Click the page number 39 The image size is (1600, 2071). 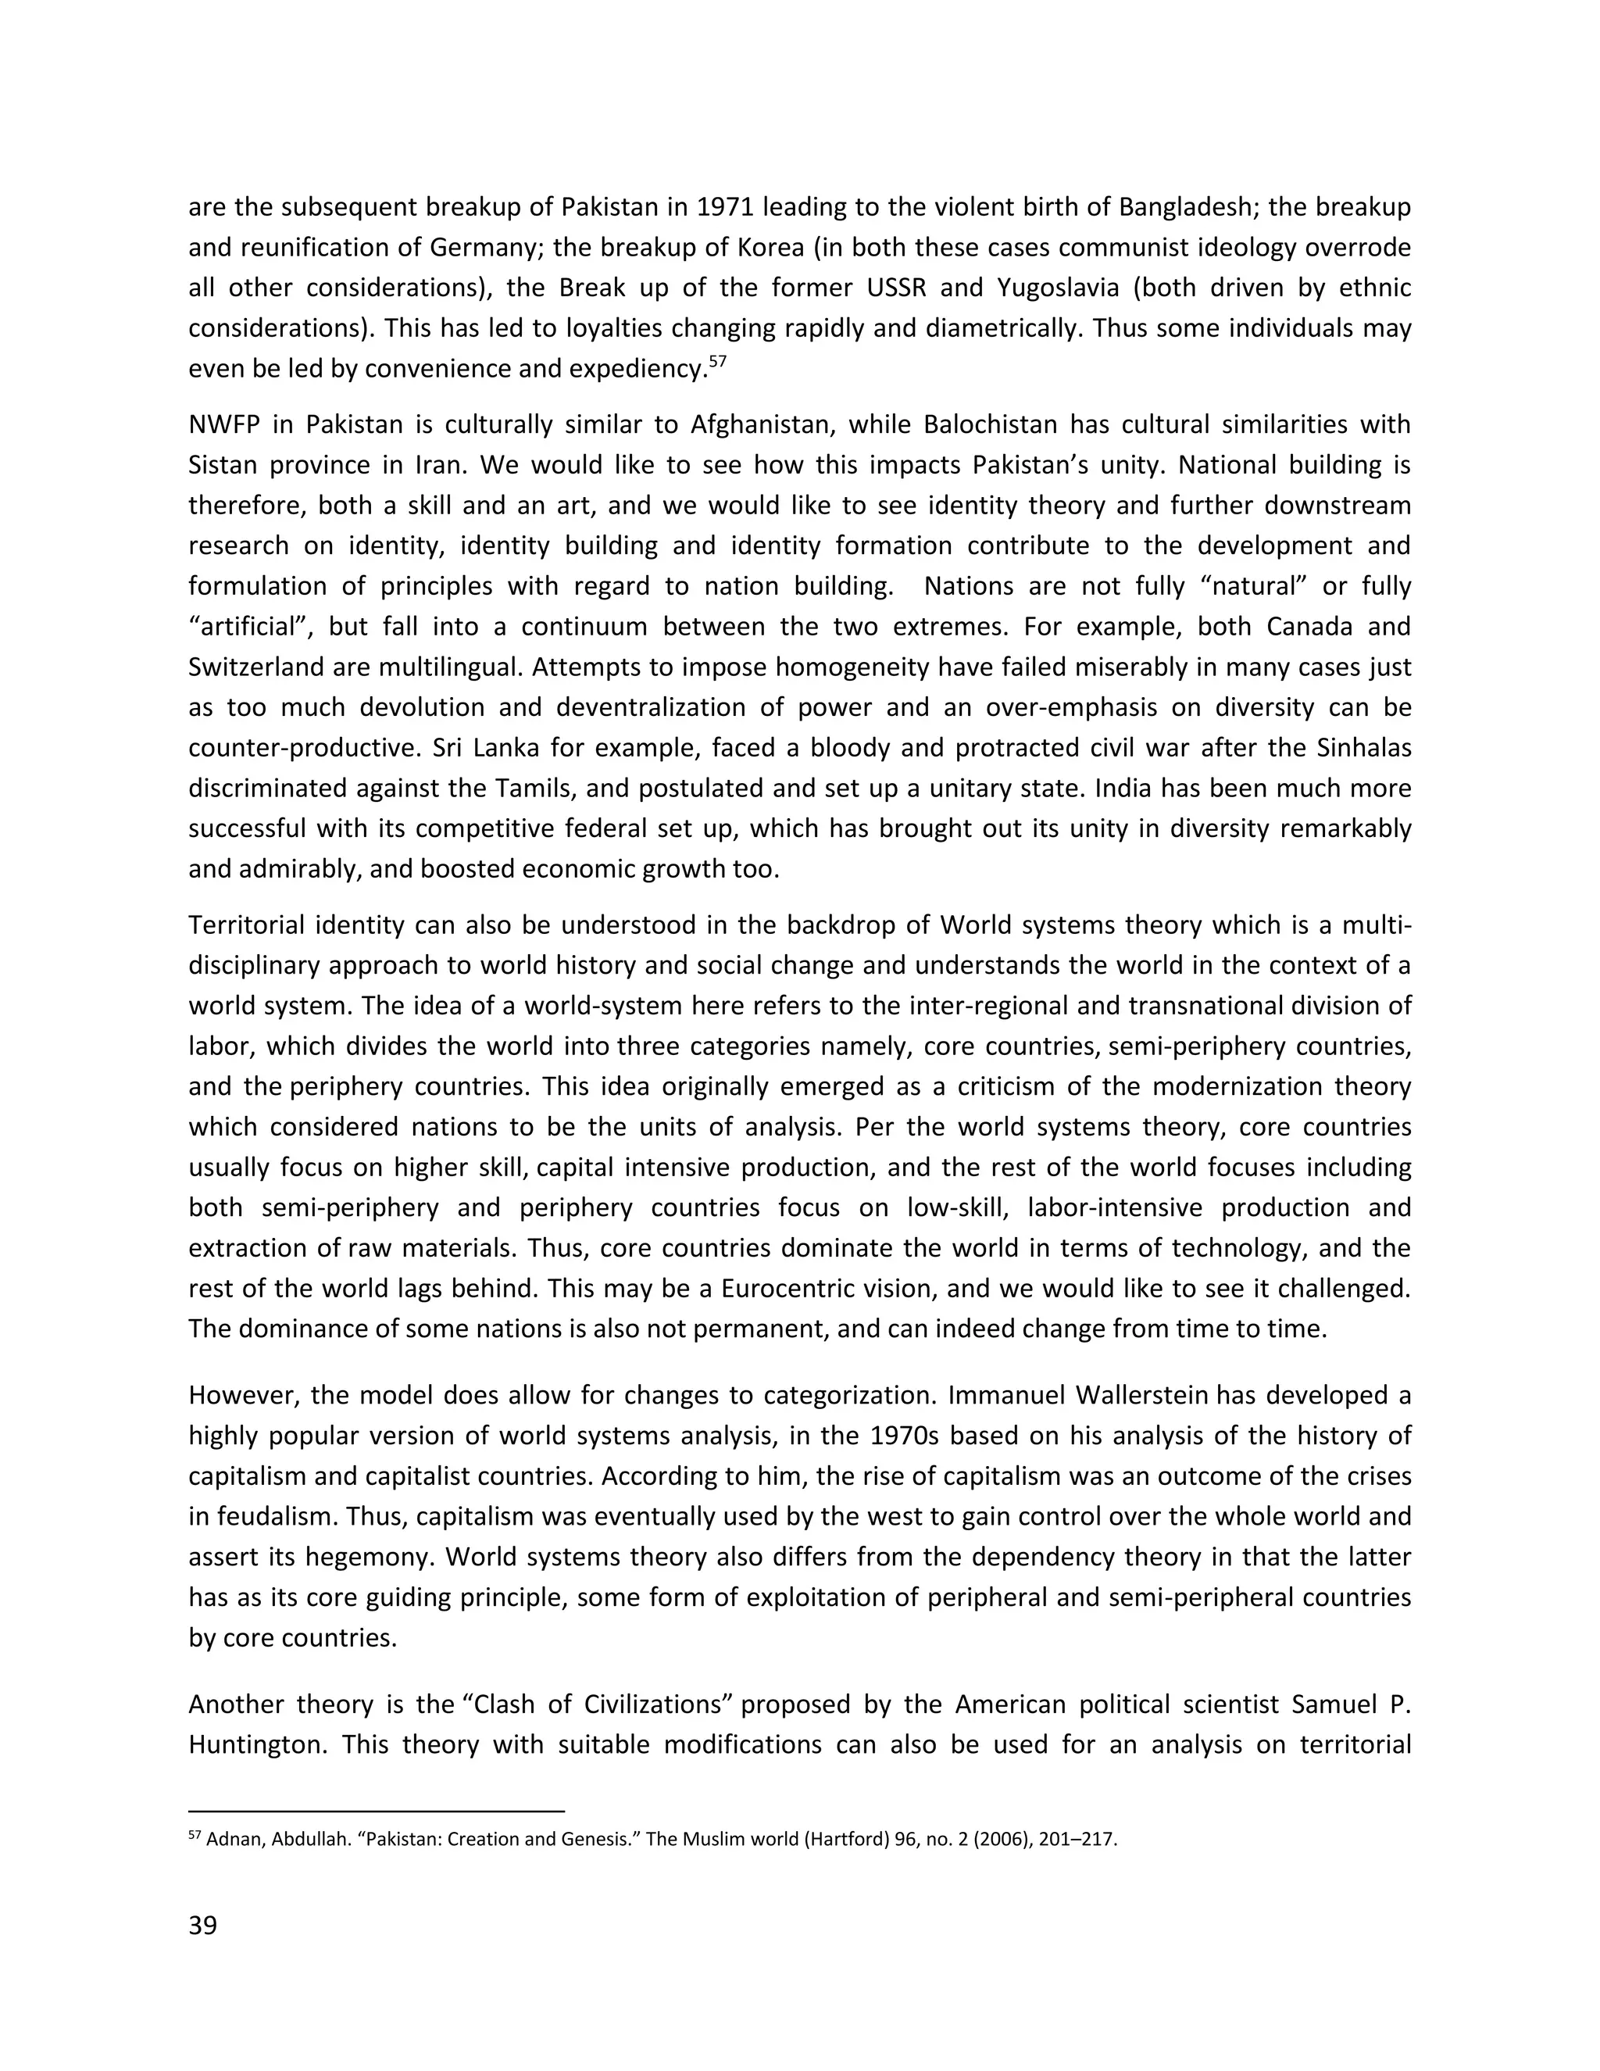pos(203,1926)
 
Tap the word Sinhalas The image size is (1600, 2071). pos(1364,748)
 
